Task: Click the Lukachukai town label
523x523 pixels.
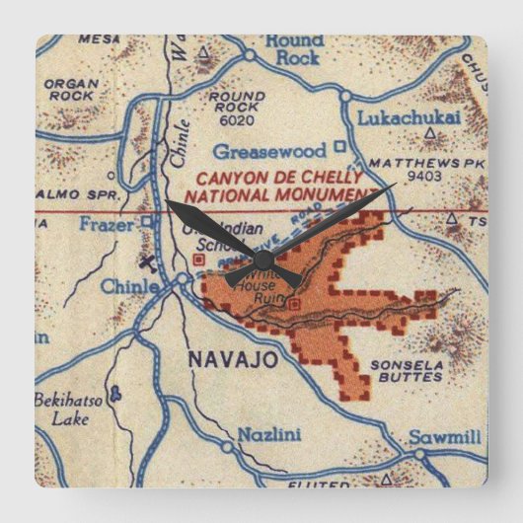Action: tap(396, 116)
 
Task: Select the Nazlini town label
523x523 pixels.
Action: tap(261, 434)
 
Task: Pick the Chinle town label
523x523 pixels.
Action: tap(129, 286)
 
